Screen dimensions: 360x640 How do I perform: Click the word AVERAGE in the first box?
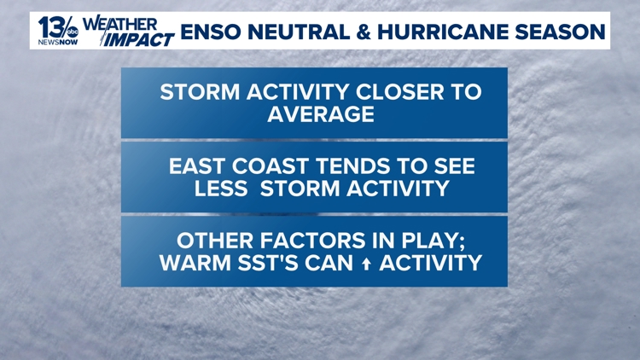321,114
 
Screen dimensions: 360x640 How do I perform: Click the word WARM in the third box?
194,263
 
